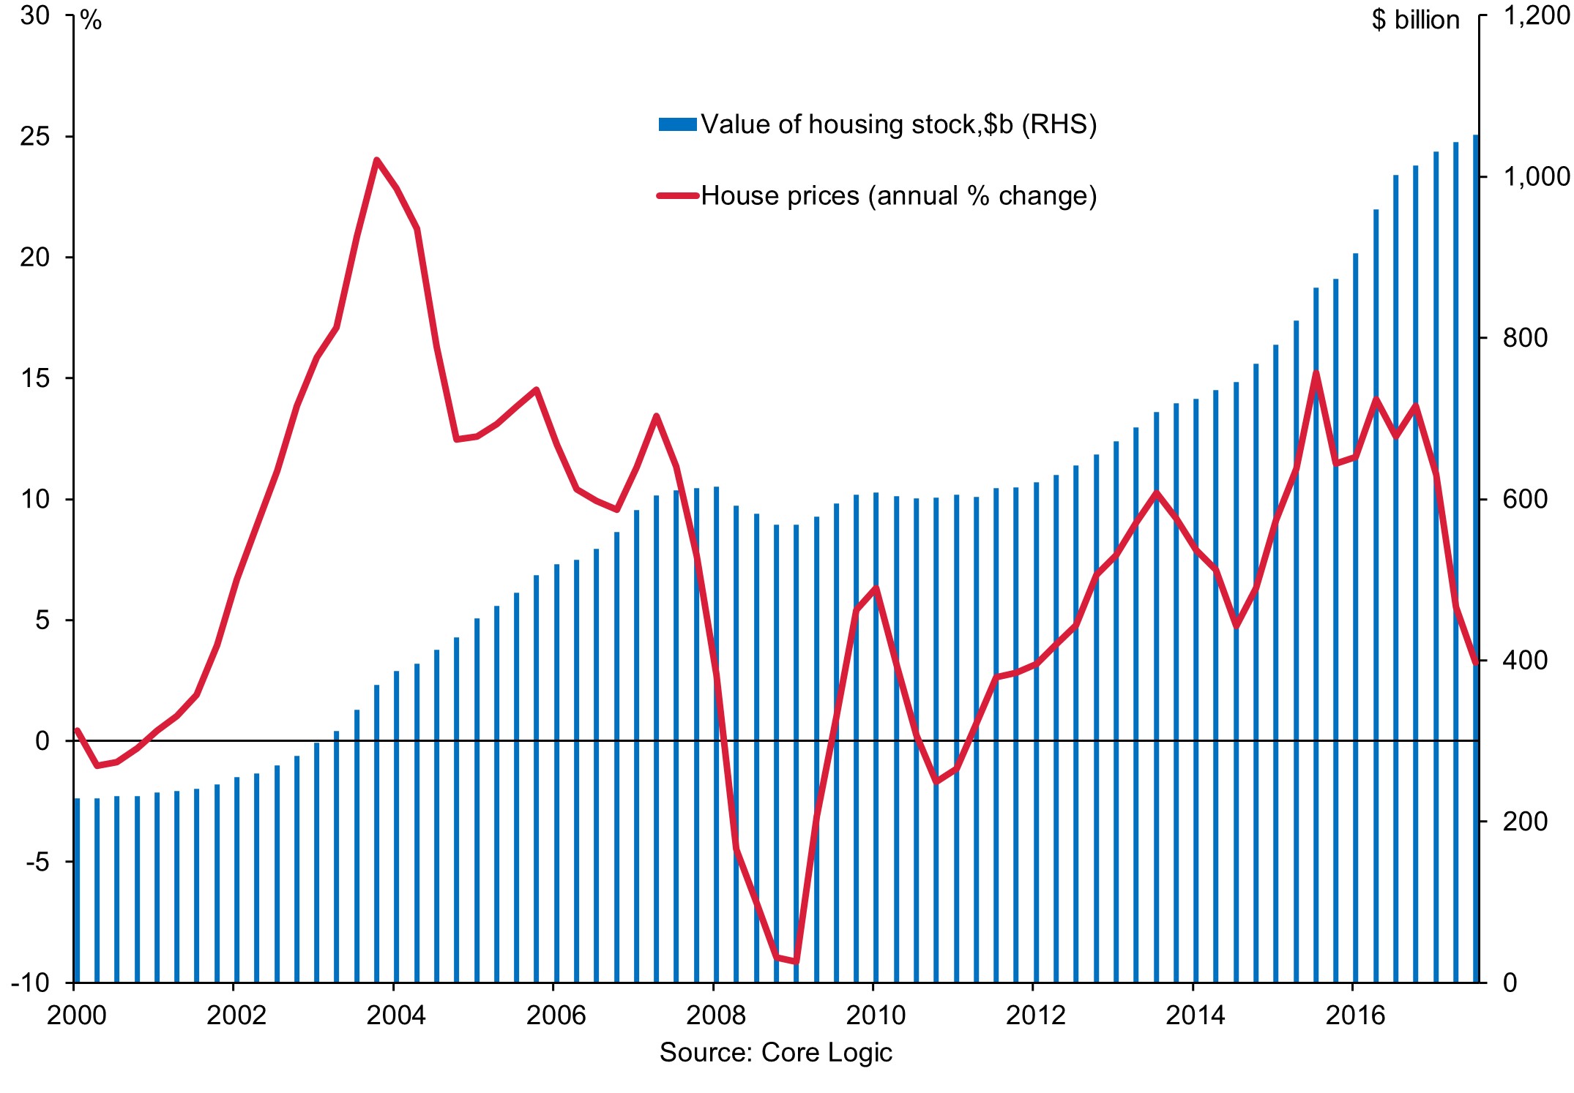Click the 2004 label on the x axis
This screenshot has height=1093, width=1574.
tap(395, 1015)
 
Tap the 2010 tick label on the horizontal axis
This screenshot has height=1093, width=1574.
tap(875, 1015)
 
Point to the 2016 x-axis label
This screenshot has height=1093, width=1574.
tap(1355, 1015)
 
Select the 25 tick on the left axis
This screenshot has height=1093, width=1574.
tap(35, 137)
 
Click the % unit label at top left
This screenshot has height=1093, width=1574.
tap(92, 21)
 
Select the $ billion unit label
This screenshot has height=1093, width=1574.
tap(1415, 20)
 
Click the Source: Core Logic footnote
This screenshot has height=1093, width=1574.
tap(775, 1053)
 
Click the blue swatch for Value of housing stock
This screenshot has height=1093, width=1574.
tap(677, 124)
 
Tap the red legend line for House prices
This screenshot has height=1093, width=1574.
tap(677, 195)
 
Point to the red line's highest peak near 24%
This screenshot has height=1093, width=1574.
tap(376, 160)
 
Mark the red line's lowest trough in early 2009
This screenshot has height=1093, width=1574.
tap(796, 961)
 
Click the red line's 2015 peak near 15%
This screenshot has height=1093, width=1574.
tap(1316, 374)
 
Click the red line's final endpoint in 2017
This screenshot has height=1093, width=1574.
tap(1476, 663)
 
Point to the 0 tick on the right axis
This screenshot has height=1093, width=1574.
tap(1510, 983)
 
